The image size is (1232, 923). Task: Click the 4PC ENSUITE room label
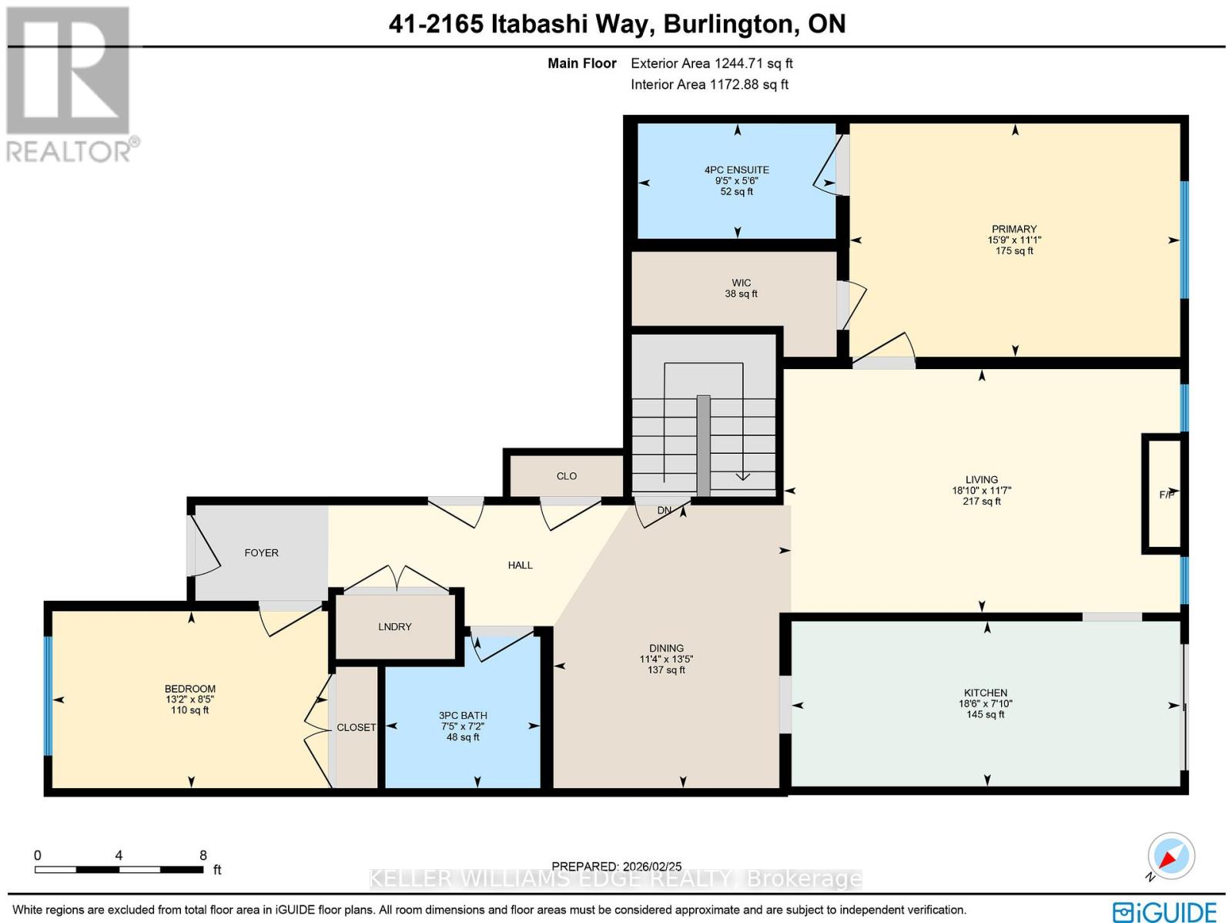coord(736,169)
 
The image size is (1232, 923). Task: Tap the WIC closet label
coord(741,283)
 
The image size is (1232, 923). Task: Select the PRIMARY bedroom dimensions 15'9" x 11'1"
coord(1014,240)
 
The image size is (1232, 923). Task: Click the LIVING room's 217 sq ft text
coord(981,501)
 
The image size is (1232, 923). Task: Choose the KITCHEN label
coord(985,693)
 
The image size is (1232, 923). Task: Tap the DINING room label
coord(666,648)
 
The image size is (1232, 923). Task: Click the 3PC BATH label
coord(463,715)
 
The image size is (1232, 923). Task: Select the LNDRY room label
coord(394,626)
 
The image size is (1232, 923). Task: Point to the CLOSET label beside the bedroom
coord(356,727)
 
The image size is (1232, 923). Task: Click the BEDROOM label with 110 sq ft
coord(189,689)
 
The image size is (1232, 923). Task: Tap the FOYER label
coord(261,552)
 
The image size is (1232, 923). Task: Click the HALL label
coord(520,565)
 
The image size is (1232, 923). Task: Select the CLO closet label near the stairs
coord(566,476)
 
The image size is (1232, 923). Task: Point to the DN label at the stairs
coord(664,510)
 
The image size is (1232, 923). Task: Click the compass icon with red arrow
coord(1170,857)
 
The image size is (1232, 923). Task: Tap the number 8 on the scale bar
coord(203,855)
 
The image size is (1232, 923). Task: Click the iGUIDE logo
coord(1165,911)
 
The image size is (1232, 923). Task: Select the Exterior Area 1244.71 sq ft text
coord(711,63)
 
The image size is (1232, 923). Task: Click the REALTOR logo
coord(69,85)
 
